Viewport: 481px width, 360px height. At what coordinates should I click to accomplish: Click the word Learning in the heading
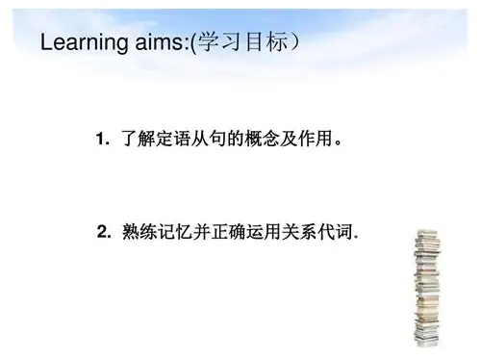(80, 44)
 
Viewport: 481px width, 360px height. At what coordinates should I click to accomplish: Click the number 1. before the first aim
(104, 141)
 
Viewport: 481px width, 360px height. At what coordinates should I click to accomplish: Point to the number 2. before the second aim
(106, 231)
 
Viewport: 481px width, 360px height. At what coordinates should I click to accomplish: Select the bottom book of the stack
(426, 341)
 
